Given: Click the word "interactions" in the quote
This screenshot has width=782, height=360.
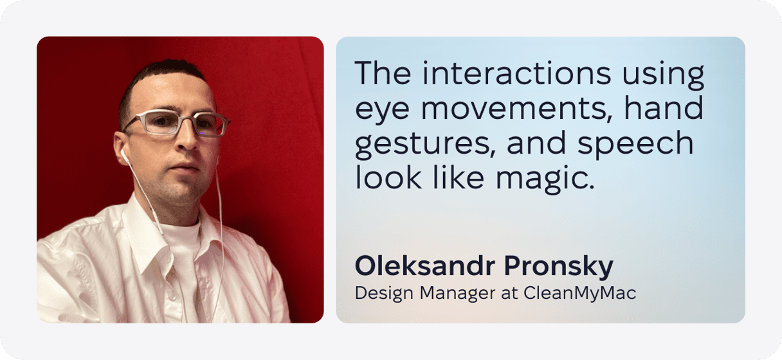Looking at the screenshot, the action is (516, 73).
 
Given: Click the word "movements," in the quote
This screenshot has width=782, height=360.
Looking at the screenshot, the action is (516, 108).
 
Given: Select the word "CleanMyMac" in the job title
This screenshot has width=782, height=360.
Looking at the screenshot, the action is (579, 293).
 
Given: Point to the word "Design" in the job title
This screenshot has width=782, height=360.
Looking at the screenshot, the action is (384, 293).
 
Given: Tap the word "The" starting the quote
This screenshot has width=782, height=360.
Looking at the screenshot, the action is (383, 73).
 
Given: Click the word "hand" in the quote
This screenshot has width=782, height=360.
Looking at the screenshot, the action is (664, 107).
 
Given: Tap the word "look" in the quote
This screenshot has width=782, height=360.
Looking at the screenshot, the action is (388, 177).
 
